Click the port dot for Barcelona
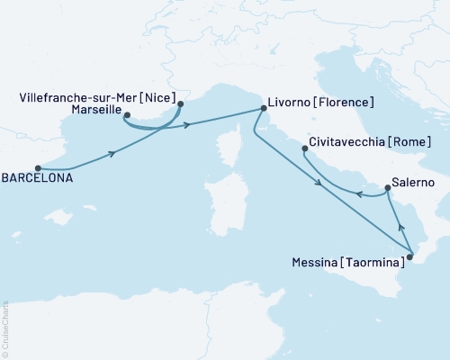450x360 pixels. pyautogui.click(x=38, y=167)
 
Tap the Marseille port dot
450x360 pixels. pyautogui.click(x=126, y=115)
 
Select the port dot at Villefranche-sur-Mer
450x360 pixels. pyautogui.click(x=181, y=103)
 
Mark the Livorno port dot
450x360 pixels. pyautogui.click(x=263, y=108)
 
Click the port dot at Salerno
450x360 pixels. pyautogui.click(x=387, y=188)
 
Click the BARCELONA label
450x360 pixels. pyautogui.click(x=37, y=178)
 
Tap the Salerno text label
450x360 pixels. pyautogui.click(x=414, y=182)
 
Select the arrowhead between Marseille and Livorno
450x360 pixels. pyautogui.click(x=187, y=125)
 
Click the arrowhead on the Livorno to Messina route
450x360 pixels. pyautogui.click(x=319, y=184)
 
